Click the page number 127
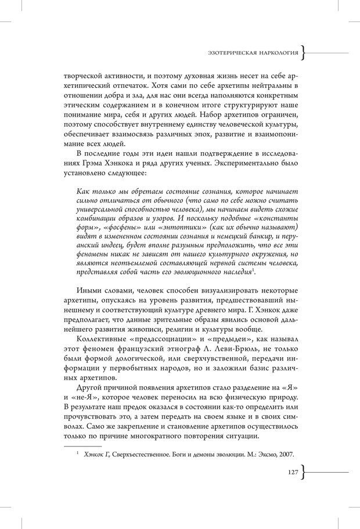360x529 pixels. (292, 473)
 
